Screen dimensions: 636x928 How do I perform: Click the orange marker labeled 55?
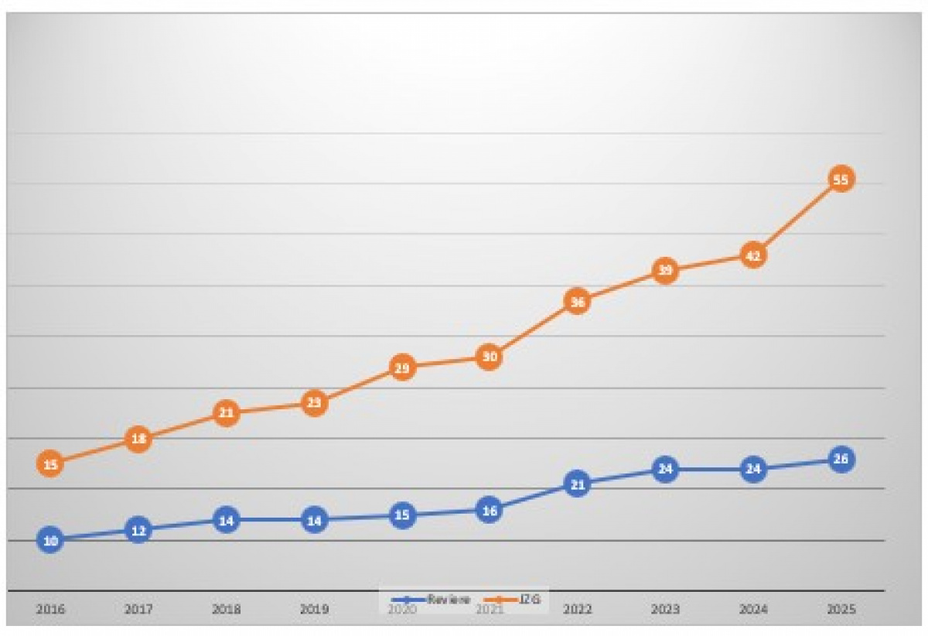[x=841, y=180]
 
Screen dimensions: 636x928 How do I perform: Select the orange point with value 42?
[x=752, y=255]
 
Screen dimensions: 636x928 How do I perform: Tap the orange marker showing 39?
[x=664, y=270]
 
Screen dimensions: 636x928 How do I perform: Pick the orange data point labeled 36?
[x=577, y=301]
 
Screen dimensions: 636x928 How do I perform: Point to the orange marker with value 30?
[x=489, y=357]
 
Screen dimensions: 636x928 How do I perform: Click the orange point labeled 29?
[x=401, y=368]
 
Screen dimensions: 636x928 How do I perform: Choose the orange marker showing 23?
[x=313, y=402]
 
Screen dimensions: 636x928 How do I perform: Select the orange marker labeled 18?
[x=138, y=439]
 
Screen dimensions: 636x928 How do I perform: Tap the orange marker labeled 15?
[x=50, y=464]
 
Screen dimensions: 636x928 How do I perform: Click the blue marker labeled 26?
[x=841, y=459]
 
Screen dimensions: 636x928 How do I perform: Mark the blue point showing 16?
[x=489, y=510]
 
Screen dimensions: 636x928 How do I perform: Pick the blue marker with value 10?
[x=50, y=540]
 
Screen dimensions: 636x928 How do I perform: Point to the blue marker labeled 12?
[x=138, y=530]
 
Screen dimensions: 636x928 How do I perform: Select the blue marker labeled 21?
[x=577, y=484]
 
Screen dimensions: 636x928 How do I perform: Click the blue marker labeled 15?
[x=401, y=515]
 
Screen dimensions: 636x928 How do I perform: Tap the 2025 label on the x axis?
[x=841, y=610]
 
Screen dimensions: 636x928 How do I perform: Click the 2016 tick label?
[x=50, y=610]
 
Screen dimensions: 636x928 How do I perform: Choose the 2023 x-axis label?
[x=664, y=610]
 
